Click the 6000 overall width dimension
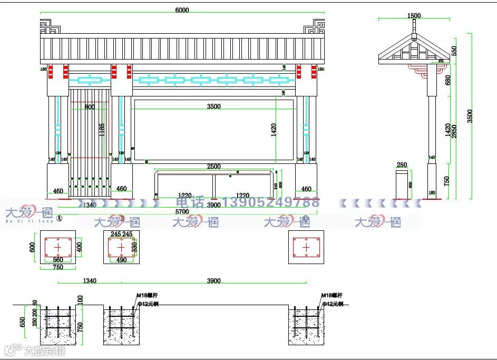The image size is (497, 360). (181, 9)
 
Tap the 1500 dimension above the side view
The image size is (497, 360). (414, 16)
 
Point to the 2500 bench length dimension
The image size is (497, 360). (213, 167)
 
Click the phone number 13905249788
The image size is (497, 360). (271, 202)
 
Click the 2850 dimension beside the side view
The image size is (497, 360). (454, 131)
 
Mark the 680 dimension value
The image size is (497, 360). (448, 80)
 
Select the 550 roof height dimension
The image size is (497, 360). (454, 51)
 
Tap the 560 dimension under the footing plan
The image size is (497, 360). (58, 260)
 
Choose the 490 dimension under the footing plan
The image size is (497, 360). (121, 260)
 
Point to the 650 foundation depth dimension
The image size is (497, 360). (22, 322)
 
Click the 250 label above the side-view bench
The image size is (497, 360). (402, 165)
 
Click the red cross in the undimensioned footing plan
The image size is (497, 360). (306, 247)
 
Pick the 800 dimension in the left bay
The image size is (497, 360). (90, 107)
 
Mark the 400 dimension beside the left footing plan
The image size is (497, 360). (79, 247)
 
